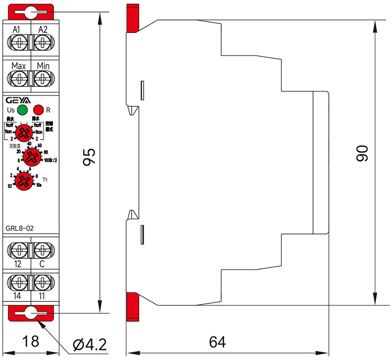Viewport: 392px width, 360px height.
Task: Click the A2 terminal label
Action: point(42,29)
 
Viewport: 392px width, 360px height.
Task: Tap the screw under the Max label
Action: point(19,78)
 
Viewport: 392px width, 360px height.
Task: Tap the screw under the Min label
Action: point(42,78)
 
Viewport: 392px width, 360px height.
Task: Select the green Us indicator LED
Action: point(22,110)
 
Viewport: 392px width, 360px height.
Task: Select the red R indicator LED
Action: point(38,110)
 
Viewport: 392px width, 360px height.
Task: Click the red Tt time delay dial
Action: point(23,181)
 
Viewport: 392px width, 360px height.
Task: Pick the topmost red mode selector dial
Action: point(23,132)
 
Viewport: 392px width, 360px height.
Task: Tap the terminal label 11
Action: point(42,296)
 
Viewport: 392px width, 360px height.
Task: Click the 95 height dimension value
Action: point(89,157)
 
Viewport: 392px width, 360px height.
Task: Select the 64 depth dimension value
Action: point(217,342)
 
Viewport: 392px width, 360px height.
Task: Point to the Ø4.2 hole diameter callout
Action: point(90,344)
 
